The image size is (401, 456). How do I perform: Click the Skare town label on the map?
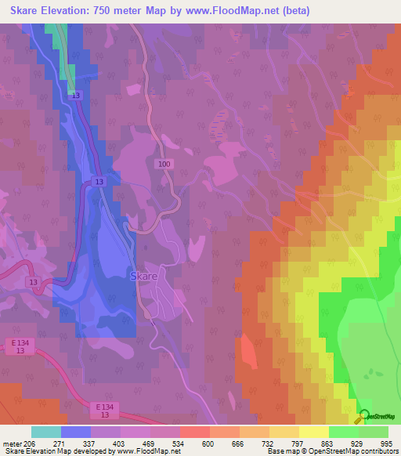coord(143,277)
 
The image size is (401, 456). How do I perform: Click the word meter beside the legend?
coord(14,443)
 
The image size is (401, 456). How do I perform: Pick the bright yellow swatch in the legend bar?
coord(313,432)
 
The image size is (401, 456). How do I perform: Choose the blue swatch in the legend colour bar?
coord(76,432)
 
